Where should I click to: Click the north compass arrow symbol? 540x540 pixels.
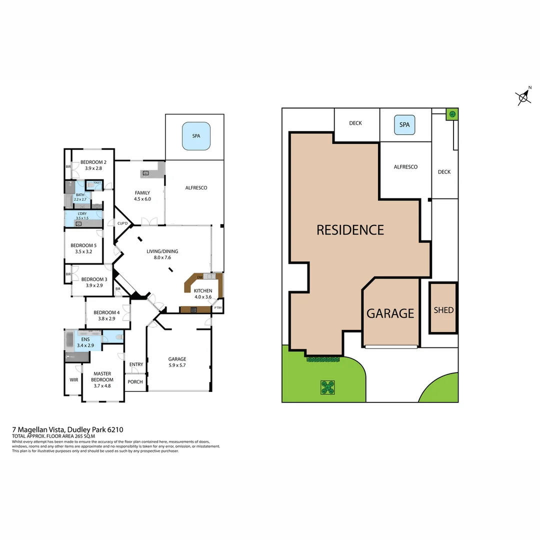(523, 96)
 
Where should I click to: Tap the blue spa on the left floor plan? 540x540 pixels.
(196, 136)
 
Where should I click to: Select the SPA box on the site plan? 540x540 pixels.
(404, 125)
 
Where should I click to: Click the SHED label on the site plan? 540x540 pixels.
(443, 310)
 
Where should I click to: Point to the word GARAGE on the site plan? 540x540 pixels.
(390, 313)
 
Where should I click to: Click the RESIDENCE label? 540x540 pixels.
(350, 230)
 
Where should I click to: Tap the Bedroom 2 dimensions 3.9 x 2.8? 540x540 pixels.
(93, 168)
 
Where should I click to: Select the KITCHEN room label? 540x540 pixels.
(203, 290)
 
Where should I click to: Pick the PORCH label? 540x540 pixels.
(135, 382)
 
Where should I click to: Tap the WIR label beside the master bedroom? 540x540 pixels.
(73, 380)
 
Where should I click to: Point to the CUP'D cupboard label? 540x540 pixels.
(122, 223)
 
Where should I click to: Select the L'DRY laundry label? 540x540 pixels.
(81, 214)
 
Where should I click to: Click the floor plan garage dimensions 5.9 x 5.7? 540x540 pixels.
(177, 365)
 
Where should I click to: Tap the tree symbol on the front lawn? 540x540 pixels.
(327, 387)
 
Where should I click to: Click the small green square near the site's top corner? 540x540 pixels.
(452, 114)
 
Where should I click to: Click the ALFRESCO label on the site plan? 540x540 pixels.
(405, 167)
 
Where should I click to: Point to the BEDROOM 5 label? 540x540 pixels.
(83, 245)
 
